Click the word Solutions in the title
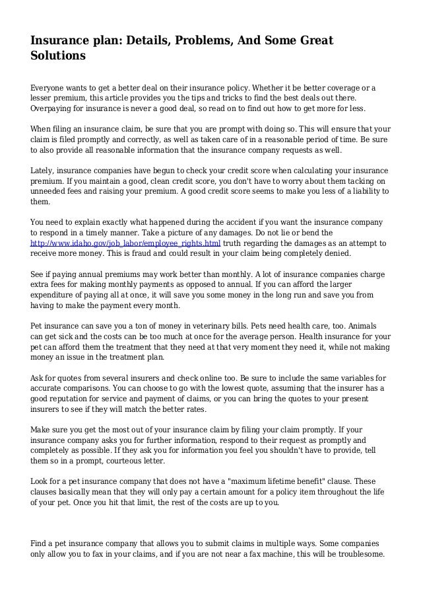[x=58, y=57]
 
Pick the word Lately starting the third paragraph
[x=44, y=170]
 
